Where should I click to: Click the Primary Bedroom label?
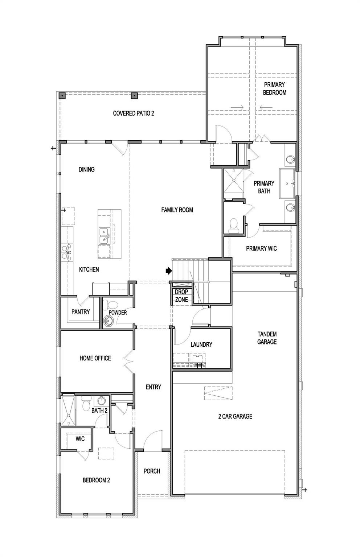274,88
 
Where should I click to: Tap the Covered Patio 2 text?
134,114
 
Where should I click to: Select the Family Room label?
177,210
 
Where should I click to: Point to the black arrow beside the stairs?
169,271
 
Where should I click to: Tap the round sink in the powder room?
109,321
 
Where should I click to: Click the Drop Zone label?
181,296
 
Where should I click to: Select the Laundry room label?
201,344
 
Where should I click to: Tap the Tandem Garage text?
267,338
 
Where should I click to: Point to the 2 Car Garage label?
236,416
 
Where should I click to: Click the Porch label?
152,471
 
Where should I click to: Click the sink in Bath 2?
102,401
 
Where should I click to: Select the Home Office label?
95,358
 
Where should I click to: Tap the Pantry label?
81,312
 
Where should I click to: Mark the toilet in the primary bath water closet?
234,226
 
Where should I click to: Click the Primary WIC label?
262,248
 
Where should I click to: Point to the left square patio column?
62,95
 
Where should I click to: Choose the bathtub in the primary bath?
287,183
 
